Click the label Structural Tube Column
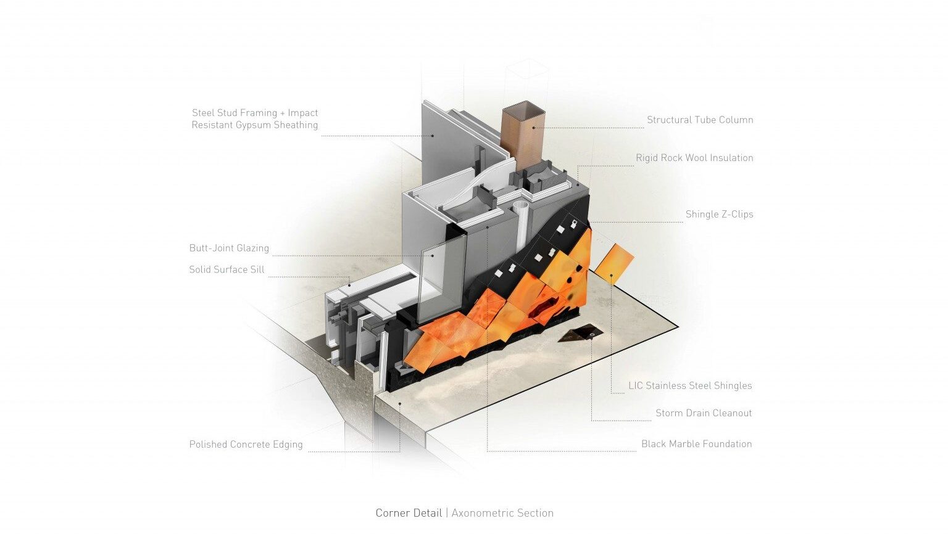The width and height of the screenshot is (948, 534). tap(700, 120)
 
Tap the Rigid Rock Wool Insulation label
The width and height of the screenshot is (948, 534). tap(694, 158)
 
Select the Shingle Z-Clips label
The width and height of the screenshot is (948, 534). tap(719, 215)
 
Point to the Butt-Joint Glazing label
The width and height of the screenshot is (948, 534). tap(229, 249)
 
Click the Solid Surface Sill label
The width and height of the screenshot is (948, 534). tap(227, 269)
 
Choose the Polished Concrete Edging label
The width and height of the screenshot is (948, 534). tap(246, 445)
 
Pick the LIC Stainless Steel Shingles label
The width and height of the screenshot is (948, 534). tap(690, 386)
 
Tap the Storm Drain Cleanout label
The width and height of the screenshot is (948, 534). tap(704, 413)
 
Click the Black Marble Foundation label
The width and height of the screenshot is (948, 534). tap(696, 444)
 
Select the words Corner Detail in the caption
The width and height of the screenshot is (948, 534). tap(409, 513)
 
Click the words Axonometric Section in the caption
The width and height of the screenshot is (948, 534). tap(502, 513)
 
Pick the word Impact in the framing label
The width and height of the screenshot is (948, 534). tap(302, 113)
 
